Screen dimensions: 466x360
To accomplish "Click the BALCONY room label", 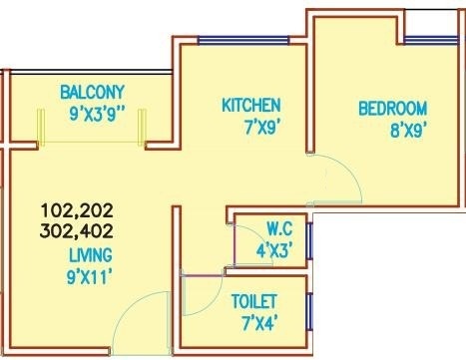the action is (x=93, y=92).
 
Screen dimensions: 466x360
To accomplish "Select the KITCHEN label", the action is (x=251, y=105).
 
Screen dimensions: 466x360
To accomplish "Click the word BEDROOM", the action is (x=392, y=109).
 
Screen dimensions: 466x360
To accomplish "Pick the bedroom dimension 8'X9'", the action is (x=408, y=131).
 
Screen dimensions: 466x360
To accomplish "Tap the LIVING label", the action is (x=91, y=255).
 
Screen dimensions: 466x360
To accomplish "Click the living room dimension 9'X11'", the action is (x=89, y=277).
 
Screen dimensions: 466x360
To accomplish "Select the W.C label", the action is (x=279, y=229).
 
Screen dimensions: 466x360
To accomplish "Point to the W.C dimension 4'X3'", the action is (x=274, y=250).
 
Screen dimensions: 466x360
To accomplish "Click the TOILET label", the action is (x=254, y=301).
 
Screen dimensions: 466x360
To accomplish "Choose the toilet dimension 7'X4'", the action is (x=260, y=323).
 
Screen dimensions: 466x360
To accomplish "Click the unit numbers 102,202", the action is (x=77, y=210).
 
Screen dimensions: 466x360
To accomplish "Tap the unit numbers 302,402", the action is (x=77, y=231).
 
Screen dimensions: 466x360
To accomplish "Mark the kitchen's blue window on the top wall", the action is (x=243, y=40).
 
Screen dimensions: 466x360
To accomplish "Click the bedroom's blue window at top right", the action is (x=431, y=40).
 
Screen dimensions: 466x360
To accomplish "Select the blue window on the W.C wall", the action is (x=309, y=241).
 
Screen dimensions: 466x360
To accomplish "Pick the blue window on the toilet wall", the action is (x=309, y=311).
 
